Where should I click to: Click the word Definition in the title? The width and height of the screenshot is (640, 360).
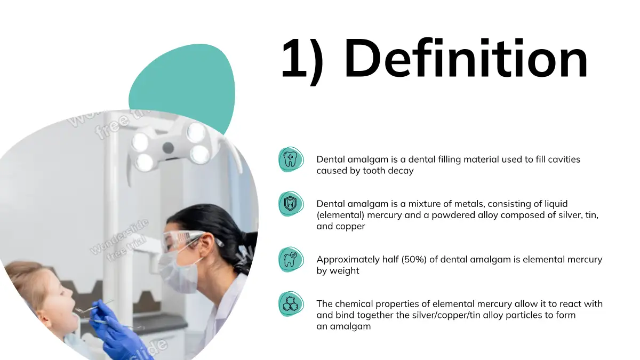(x=466, y=58)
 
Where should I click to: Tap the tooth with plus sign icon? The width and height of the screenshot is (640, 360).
(x=290, y=159)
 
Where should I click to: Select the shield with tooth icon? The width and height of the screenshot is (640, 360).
(x=290, y=204)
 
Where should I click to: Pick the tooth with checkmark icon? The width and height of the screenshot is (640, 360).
(x=290, y=259)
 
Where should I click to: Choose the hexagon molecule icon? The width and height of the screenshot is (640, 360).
(x=290, y=303)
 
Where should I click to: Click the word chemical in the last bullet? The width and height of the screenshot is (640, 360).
(x=354, y=303)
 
